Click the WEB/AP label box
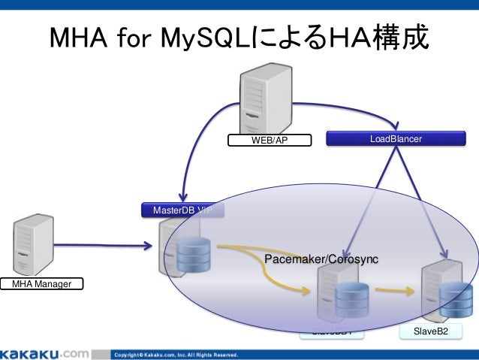pyautogui.click(x=270, y=140)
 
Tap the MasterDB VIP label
pyautogui.click(x=182, y=210)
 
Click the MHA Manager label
pyautogui.click(x=41, y=283)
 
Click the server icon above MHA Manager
pyautogui.click(x=32, y=244)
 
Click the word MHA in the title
pyautogui.click(x=80, y=38)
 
